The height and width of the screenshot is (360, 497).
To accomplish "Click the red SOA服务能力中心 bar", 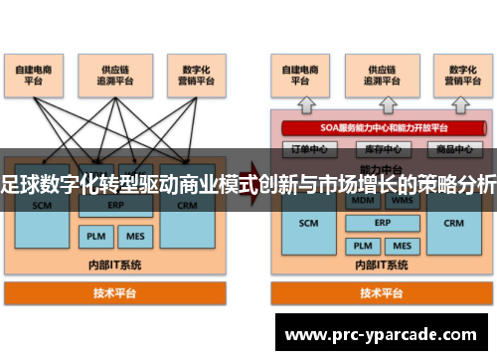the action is pos(383,127).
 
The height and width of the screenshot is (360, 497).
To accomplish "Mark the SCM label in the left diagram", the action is pos(42,206).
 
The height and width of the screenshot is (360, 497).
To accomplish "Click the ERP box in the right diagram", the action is pos(383,222).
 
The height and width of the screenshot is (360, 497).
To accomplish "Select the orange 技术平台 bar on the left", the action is pos(115,293).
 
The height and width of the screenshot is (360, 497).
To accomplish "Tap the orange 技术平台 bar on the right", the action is pos(383,293).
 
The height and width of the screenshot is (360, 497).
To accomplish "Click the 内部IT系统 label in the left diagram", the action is pos(115,266).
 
